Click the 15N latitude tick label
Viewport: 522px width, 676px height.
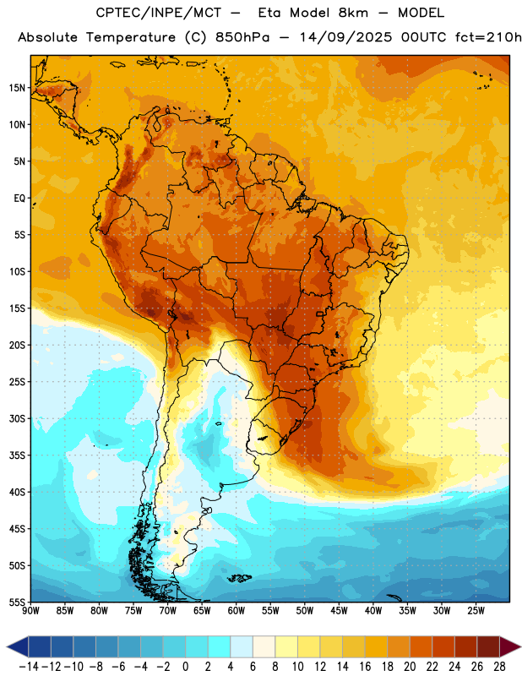17,88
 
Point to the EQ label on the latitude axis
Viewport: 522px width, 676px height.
19,199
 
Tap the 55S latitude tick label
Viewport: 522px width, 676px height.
17,602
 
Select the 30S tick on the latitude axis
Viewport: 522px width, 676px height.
17,418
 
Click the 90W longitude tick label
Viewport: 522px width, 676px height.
31,611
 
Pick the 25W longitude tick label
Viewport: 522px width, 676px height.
476,611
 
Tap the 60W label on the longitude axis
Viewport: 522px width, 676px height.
237,611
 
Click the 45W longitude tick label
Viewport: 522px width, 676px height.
339,611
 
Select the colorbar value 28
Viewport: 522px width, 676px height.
499,667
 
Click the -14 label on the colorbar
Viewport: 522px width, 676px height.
30,667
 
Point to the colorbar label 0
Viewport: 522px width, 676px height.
185,667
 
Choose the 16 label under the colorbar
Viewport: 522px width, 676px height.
365,667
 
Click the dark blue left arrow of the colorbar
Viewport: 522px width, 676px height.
18,646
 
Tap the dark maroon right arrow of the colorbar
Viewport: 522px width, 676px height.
510,646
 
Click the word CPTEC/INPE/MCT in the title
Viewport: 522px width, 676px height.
159,13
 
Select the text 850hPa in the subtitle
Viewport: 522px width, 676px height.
242,37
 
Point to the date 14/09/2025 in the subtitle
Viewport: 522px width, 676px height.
345,37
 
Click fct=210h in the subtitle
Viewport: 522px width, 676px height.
488,37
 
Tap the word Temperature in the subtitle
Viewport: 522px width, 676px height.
131,37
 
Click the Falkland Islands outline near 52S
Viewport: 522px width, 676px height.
240,578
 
